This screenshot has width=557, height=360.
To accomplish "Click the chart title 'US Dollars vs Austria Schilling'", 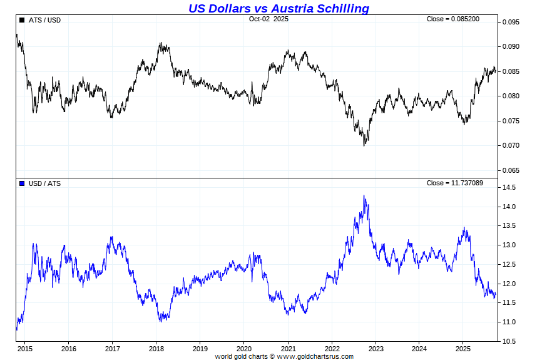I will pos(278,8).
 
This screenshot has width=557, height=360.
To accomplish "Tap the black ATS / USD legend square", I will pos(22,20).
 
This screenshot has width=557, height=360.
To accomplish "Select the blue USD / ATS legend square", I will pos(22,183).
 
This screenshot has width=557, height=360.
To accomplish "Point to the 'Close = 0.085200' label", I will pos(453,19).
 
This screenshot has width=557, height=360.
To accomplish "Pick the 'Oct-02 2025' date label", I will pos(268,19).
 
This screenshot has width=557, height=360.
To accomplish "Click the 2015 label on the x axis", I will pos(25,349).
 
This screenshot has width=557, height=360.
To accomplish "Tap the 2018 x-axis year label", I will pos(156,349).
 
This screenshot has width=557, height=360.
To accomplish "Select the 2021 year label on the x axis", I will pos(288,349).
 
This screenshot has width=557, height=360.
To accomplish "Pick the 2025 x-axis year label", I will pos(463,349).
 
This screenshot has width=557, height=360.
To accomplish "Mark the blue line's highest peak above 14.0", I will pos(364,195).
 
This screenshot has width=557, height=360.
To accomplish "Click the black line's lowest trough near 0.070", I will pos(364,145).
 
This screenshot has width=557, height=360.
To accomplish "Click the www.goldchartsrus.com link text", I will pos(315,356).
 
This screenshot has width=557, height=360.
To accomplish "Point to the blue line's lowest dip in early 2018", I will pos(161,321).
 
